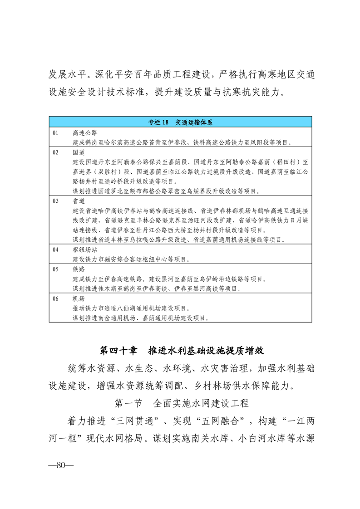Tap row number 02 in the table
point(56,152)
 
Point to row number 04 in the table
point(56,250)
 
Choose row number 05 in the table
point(56,269)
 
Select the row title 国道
point(79,152)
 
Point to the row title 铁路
point(79,269)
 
